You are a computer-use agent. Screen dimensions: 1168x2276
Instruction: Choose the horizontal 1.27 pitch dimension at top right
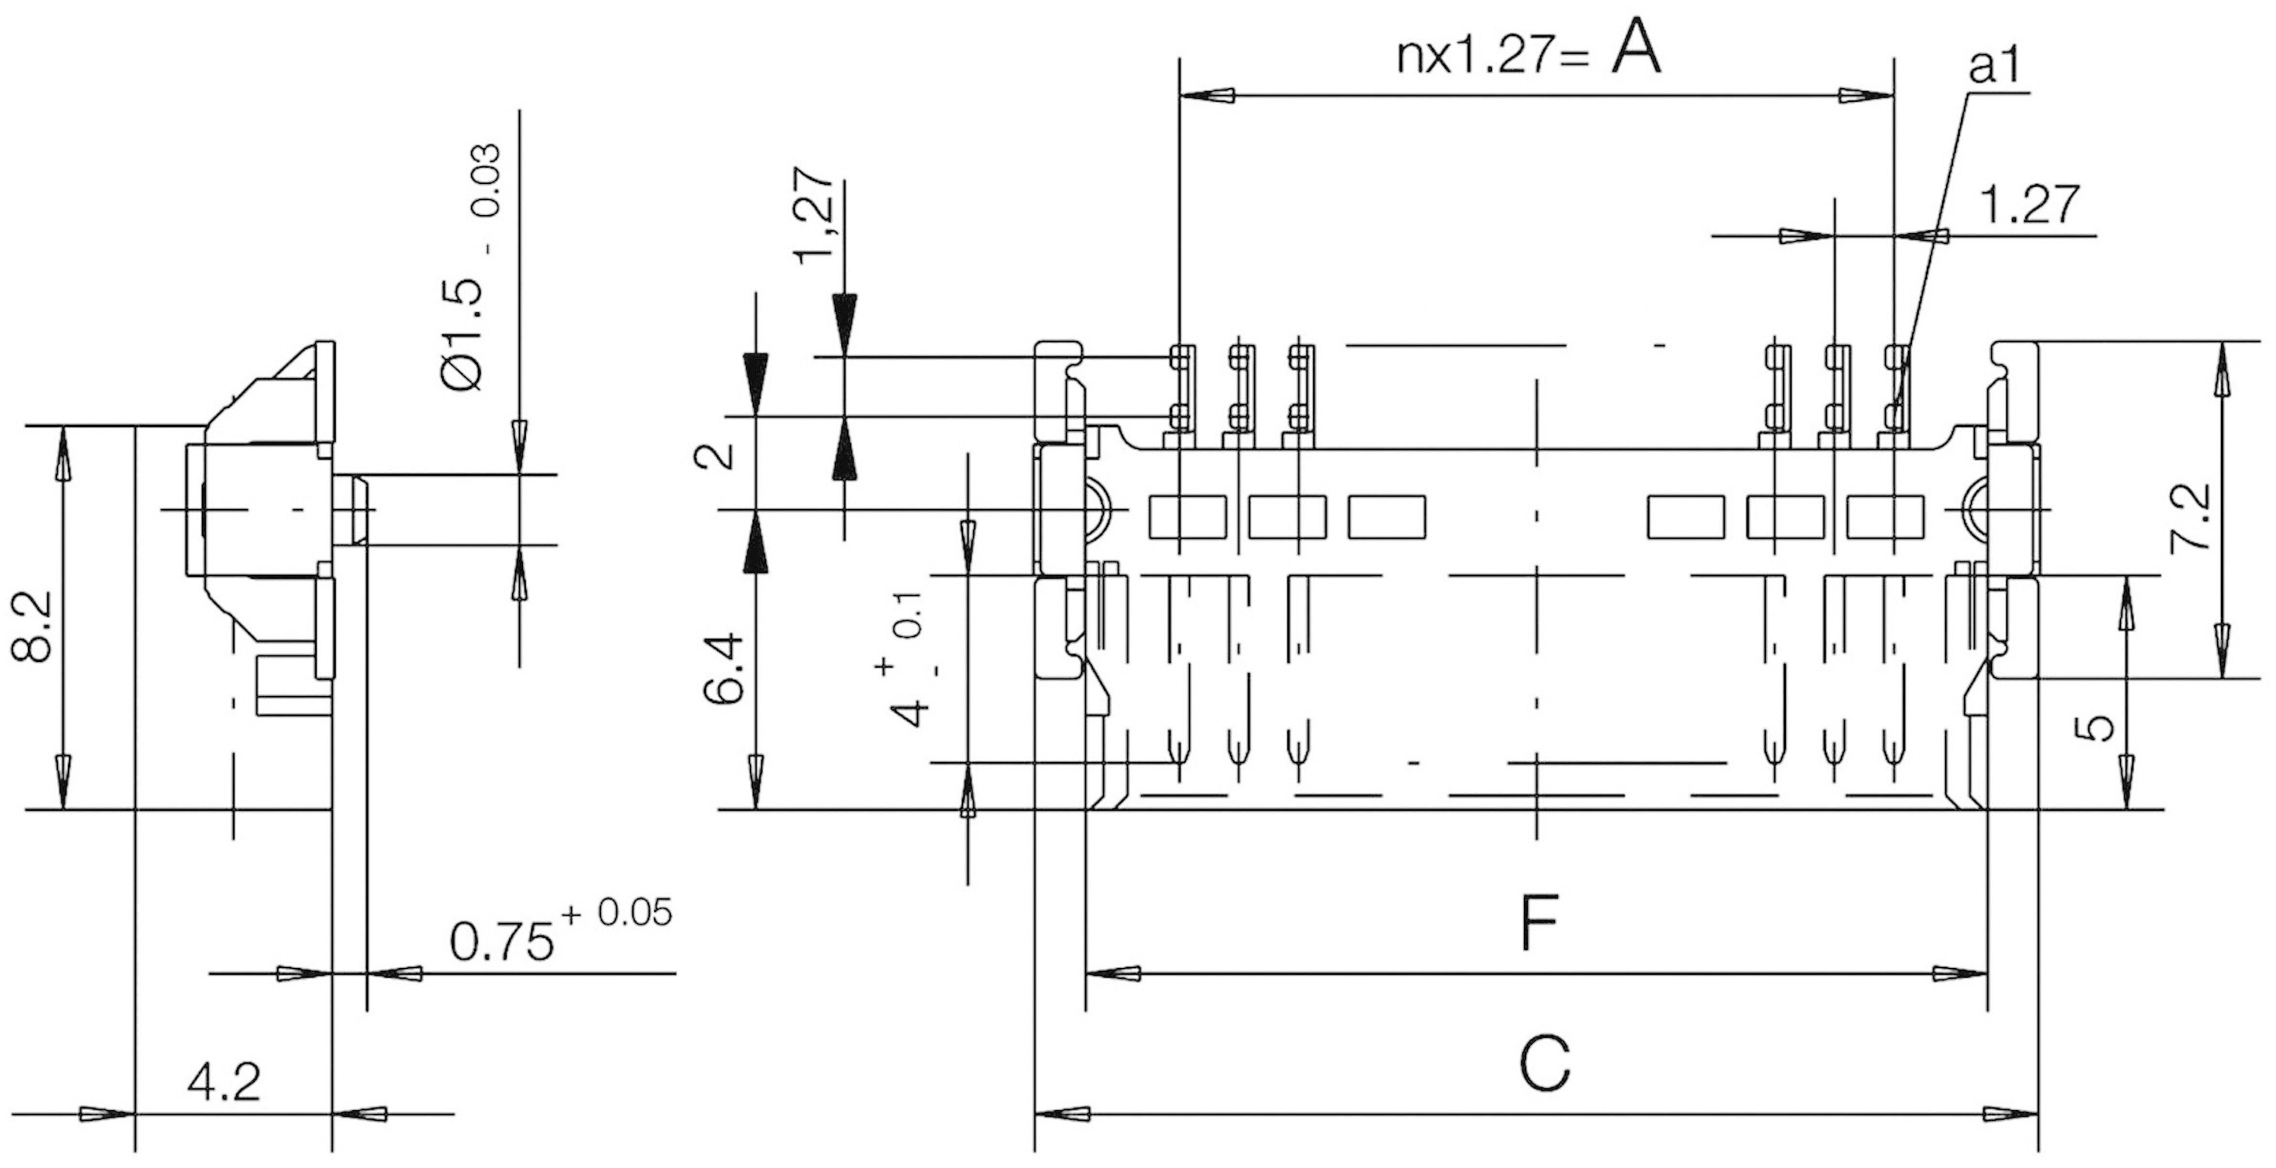[2030, 205]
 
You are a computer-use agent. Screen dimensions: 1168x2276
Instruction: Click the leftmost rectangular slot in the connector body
[1187, 517]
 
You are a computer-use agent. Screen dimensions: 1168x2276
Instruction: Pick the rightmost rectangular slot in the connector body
[1886, 517]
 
